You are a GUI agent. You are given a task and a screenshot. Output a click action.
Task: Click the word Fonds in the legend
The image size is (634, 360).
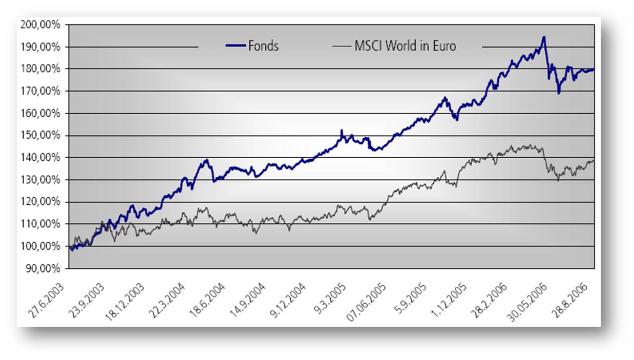pos(264,46)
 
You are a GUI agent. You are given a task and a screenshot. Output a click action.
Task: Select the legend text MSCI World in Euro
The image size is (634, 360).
pos(405,46)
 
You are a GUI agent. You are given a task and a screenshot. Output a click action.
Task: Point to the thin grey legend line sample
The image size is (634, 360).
pos(341,46)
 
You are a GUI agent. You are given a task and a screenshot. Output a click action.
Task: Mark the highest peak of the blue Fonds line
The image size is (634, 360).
pos(543,37)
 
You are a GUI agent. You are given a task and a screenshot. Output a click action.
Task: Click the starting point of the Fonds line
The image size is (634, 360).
pos(69,246)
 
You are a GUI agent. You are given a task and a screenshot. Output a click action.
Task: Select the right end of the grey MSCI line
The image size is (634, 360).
pos(594,161)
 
